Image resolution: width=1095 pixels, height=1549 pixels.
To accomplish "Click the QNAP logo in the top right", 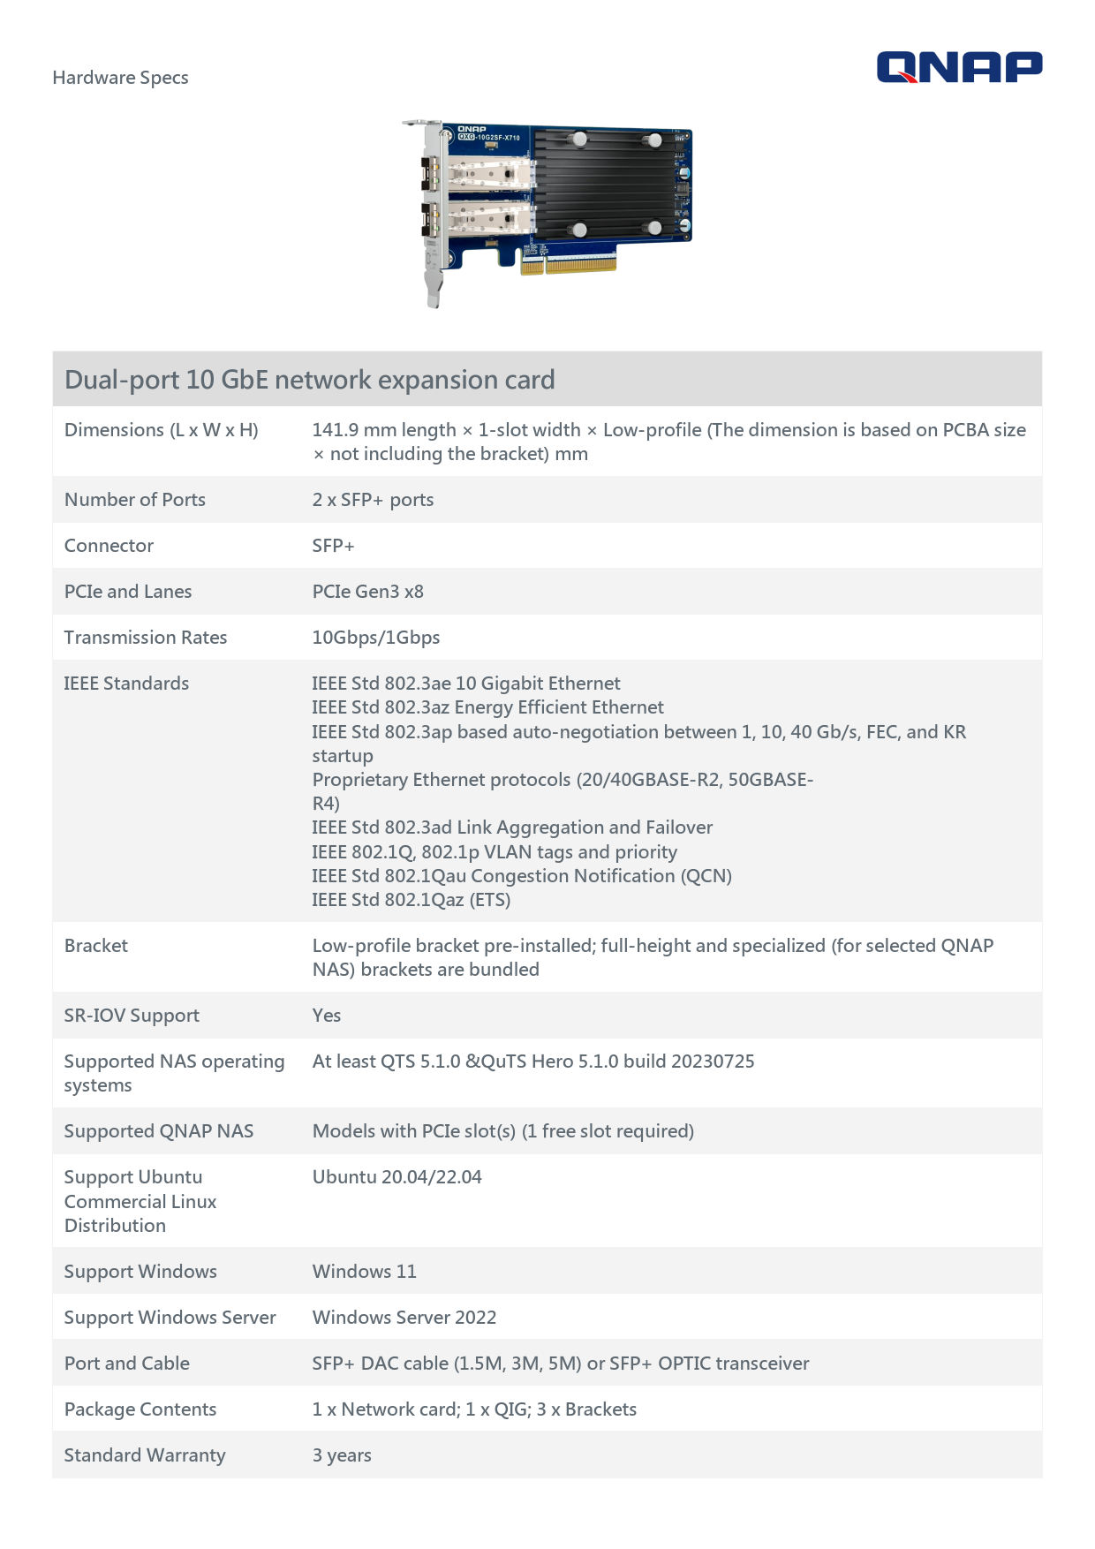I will (959, 67).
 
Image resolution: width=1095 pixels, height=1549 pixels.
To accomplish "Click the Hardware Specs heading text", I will (120, 78).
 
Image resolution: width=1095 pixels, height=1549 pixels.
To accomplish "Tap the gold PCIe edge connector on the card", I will (579, 263).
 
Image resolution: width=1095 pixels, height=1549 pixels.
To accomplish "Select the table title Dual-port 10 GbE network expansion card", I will (309, 380).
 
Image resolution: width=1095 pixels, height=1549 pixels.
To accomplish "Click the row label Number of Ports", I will (134, 500).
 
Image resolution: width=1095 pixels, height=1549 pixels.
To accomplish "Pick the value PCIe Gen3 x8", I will (367, 592).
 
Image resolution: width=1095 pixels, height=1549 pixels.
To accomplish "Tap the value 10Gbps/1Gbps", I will (375, 638).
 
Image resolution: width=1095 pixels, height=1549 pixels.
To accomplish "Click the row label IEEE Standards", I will (126, 684).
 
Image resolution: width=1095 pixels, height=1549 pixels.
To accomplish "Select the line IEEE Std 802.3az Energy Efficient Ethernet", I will (487, 707).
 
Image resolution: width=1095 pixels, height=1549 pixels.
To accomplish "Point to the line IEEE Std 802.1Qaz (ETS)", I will (411, 900).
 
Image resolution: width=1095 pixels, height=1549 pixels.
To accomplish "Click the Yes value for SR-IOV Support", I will (326, 1016).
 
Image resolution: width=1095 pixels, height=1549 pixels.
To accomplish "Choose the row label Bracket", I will (96, 946).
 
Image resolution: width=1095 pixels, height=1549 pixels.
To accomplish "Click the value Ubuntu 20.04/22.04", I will (396, 1177).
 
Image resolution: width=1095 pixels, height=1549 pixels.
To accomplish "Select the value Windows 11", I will (364, 1272).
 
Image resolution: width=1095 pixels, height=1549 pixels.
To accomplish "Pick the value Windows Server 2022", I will (404, 1318).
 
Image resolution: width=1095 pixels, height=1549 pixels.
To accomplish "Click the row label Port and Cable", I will (126, 1364).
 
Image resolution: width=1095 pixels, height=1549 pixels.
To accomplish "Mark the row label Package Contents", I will (140, 1409).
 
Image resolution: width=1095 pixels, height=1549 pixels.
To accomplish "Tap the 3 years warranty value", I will (342, 1455).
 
